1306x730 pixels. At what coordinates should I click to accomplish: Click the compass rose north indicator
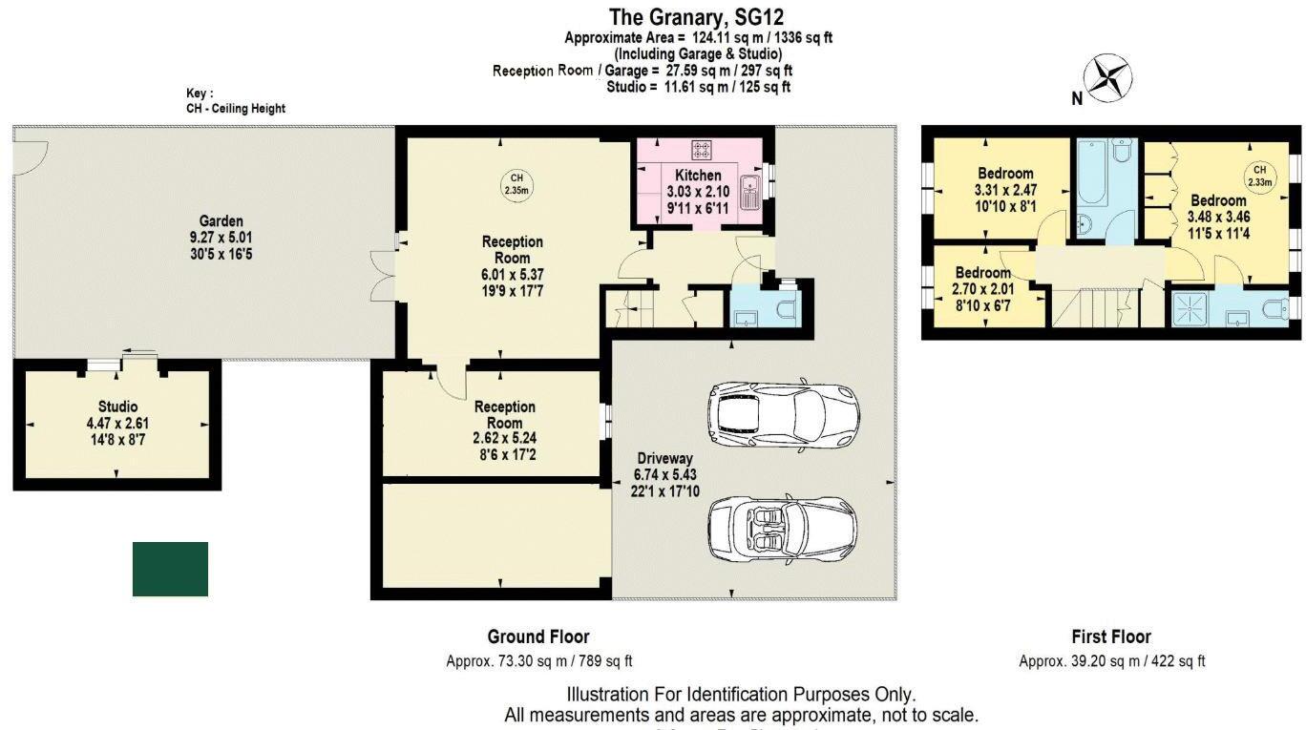(x=1108, y=79)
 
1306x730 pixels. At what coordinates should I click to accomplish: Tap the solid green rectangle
(x=170, y=569)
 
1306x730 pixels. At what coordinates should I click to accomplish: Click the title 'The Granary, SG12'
(x=697, y=17)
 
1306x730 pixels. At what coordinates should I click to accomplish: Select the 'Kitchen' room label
(x=698, y=176)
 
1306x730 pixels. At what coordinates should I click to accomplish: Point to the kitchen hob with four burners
(x=702, y=150)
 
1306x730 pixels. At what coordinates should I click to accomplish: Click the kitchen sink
(x=751, y=192)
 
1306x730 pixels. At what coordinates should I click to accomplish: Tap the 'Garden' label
(x=221, y=220)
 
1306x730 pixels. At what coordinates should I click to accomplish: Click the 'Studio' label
(x=117, y=407)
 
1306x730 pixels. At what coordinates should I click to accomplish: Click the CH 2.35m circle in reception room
(x=516, y=182)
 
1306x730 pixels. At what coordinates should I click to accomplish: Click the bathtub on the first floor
(x=1092, y=174)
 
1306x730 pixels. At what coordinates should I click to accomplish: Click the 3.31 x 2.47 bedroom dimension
(x=1005, y=190)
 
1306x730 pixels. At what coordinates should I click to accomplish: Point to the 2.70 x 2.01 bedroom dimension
(x=982, y=289)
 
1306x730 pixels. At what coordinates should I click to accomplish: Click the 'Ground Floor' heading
(x=538, y=636)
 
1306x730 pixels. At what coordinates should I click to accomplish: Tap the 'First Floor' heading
(x=1111, y=636)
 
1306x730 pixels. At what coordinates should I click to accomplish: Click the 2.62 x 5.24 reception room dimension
(x=505, y=439)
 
